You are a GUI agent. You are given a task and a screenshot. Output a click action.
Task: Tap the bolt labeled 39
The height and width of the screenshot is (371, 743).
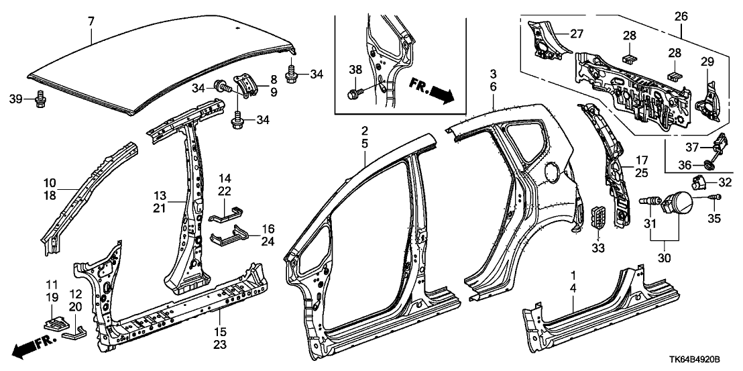(x=40, y=100)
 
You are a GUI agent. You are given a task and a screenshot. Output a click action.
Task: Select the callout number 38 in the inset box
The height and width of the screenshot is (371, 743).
(x=355, y=68)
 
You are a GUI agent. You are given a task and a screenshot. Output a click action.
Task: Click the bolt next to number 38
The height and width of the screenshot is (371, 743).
(x=354, y=95)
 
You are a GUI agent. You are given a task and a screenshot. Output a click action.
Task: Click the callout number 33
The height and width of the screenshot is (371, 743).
(x=597, y=248)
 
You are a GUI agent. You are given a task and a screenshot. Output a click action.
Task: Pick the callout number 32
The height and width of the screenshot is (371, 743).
(x=725, y=181)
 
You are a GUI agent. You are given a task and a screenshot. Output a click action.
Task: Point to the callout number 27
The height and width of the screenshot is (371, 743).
(x=577, y=34)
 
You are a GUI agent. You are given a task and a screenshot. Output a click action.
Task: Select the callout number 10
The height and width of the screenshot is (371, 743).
(x=51, y=182)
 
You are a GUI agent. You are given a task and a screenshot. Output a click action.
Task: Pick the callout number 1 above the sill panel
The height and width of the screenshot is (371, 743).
(x=573, y=276)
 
